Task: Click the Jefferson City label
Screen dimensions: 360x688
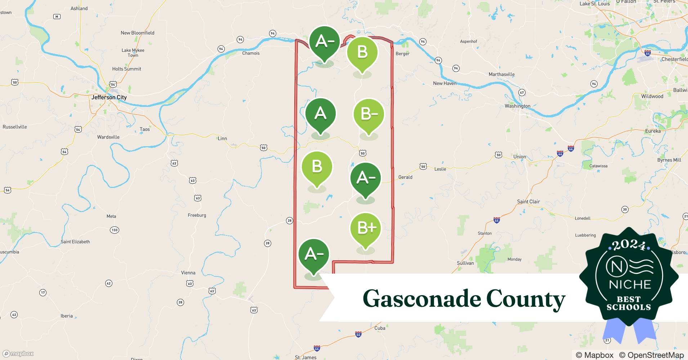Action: [109, 97]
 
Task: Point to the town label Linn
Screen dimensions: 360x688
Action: [222, 138]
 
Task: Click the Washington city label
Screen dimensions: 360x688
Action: [517, 106]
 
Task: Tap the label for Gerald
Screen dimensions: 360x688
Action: [405, 177]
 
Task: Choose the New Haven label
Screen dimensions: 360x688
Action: [444, 83]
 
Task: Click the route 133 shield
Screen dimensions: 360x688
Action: [115, 230]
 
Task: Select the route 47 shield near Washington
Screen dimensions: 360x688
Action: [522, 93]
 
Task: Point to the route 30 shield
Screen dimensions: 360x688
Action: [625, 210]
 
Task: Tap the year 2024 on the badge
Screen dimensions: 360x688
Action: [629, 245]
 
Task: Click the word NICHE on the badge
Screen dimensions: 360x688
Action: [630, 284]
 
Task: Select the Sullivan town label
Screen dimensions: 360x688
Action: [465, 263]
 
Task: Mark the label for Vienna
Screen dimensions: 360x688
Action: [188, 273]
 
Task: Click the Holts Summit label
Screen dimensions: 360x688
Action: [126, 69]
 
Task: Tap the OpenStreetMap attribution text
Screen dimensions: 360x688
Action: [651, 355]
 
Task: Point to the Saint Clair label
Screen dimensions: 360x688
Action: [528, 202]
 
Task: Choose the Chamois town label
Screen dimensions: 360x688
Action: [251, 53]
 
